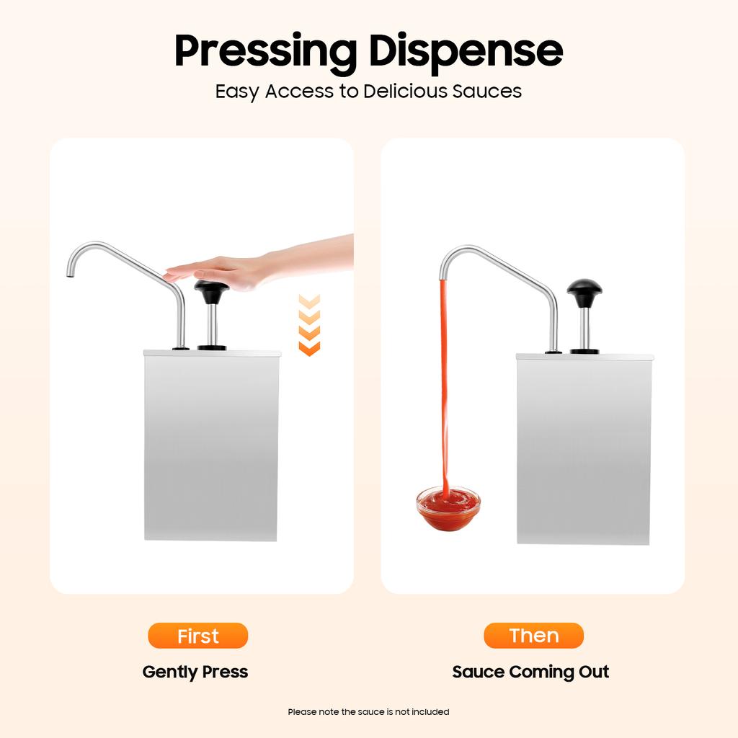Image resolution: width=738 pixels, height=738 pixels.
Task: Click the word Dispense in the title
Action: pos(466,50)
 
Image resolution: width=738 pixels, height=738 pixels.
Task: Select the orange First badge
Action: pos(197,636)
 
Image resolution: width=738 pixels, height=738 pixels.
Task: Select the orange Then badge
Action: pos(533,636)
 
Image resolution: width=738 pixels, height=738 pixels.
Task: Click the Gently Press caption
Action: pos(195,672)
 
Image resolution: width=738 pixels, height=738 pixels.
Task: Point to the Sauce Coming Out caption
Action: pos(530,672)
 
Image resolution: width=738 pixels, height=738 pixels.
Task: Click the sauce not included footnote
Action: pos(368,712)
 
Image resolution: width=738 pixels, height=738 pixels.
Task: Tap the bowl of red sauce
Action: pos(448,509)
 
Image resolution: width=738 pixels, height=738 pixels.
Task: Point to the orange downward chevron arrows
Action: pos(309,325)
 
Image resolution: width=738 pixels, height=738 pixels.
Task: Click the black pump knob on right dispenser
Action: pos(584,292)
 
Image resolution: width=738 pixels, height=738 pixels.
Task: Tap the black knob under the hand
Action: pos(212,291)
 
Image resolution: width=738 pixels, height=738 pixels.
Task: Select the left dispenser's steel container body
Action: pos(211,447)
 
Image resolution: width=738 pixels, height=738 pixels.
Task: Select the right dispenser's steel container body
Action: pos(584,450)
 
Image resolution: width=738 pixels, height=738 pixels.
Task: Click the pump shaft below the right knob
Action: pos(584,329)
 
